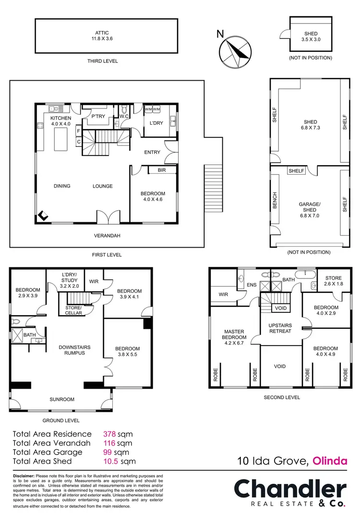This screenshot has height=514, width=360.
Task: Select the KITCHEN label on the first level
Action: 61,121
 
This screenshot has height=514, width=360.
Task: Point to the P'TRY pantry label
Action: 98,116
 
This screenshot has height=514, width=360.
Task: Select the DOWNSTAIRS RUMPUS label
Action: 74,350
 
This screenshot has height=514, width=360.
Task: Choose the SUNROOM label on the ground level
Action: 62,399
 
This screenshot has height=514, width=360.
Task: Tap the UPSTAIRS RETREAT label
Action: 280,328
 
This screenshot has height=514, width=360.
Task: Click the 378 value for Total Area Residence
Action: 110,434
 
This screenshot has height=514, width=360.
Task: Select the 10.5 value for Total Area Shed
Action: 111,461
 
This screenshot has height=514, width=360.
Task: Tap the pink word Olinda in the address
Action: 330,462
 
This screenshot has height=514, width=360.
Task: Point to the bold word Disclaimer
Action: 24,476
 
